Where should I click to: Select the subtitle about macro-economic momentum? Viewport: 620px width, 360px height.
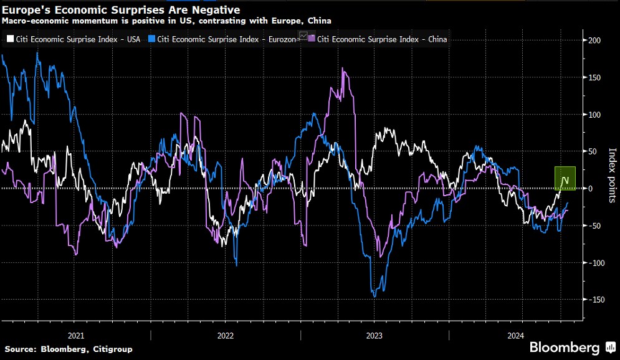click(166, 21)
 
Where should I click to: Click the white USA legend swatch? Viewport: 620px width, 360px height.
click(9, 39)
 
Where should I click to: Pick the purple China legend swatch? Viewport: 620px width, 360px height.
click(312, 39)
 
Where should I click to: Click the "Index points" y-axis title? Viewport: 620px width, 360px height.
click(612, 175)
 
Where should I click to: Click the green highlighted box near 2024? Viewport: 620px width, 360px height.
click(565, 178)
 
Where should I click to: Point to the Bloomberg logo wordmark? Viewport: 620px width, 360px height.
click(563, 347)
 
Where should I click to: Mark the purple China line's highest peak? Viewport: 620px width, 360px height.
click(345, 68)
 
